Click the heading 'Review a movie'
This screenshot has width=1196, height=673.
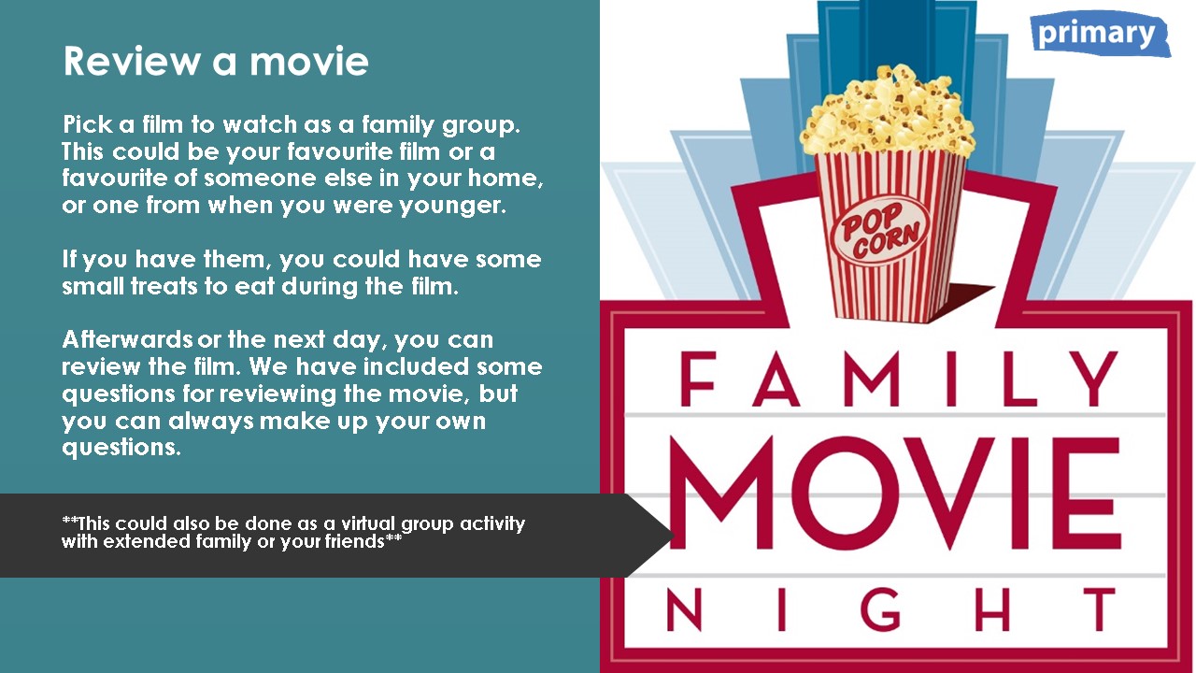216,61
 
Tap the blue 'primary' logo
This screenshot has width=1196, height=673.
1101,34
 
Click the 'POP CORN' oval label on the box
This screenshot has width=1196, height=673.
880,230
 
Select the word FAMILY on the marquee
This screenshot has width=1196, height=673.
899,379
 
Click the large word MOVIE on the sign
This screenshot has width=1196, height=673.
895,493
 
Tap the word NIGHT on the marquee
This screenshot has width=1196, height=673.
891,609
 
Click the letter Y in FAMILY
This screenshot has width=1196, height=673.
1093,379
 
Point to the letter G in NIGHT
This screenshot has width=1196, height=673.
881,609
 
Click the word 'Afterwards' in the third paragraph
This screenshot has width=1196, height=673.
127,339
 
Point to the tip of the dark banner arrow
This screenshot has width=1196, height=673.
674,536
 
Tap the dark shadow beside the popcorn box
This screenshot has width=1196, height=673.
958,302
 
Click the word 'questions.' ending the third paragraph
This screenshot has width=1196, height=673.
121,448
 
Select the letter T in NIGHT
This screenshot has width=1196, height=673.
1098,609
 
